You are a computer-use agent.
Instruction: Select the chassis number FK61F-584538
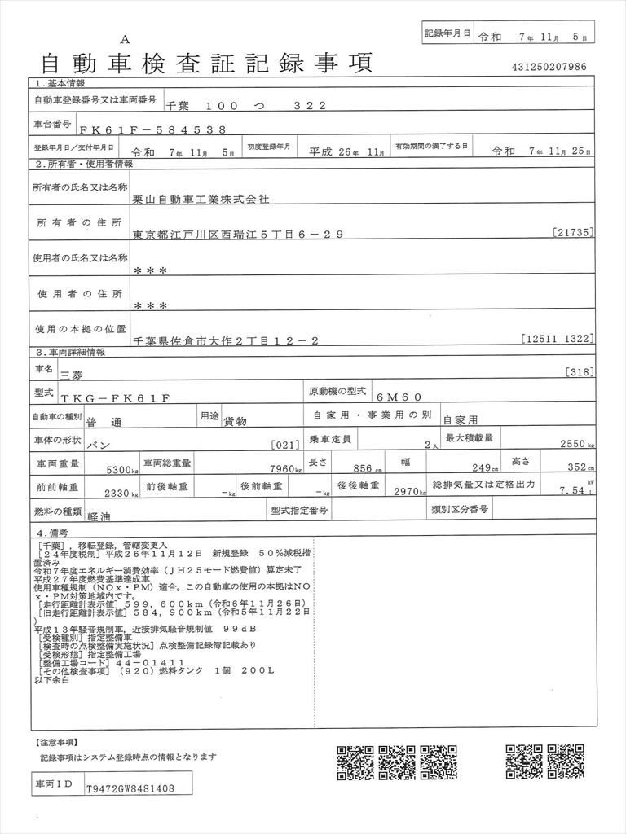pos(148,129)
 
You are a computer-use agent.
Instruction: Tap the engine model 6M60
pos(399,397)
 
